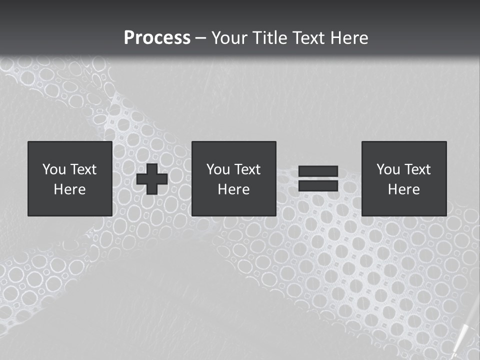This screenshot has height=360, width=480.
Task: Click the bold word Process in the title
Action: click(x=157, y=38)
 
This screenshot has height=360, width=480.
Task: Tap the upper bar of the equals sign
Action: click(x=318, y=171)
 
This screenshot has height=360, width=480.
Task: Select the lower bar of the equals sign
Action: click(x=318, y=186)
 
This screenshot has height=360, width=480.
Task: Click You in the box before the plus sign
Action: click(x=54, y=169)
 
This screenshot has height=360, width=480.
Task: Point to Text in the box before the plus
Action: click(x=83, y=169)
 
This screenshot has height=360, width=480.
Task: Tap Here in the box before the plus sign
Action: click(x=69, y=189)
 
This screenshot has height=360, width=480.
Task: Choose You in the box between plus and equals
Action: click(x=218, y=169)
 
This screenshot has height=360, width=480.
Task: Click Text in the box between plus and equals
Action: click(x=247, y=169)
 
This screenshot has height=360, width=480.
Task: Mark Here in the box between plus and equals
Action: click(x=233, y=189)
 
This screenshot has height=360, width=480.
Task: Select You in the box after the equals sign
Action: click(x=388, y=169)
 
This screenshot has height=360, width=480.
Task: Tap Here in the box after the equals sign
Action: click(x=403, y=189)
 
